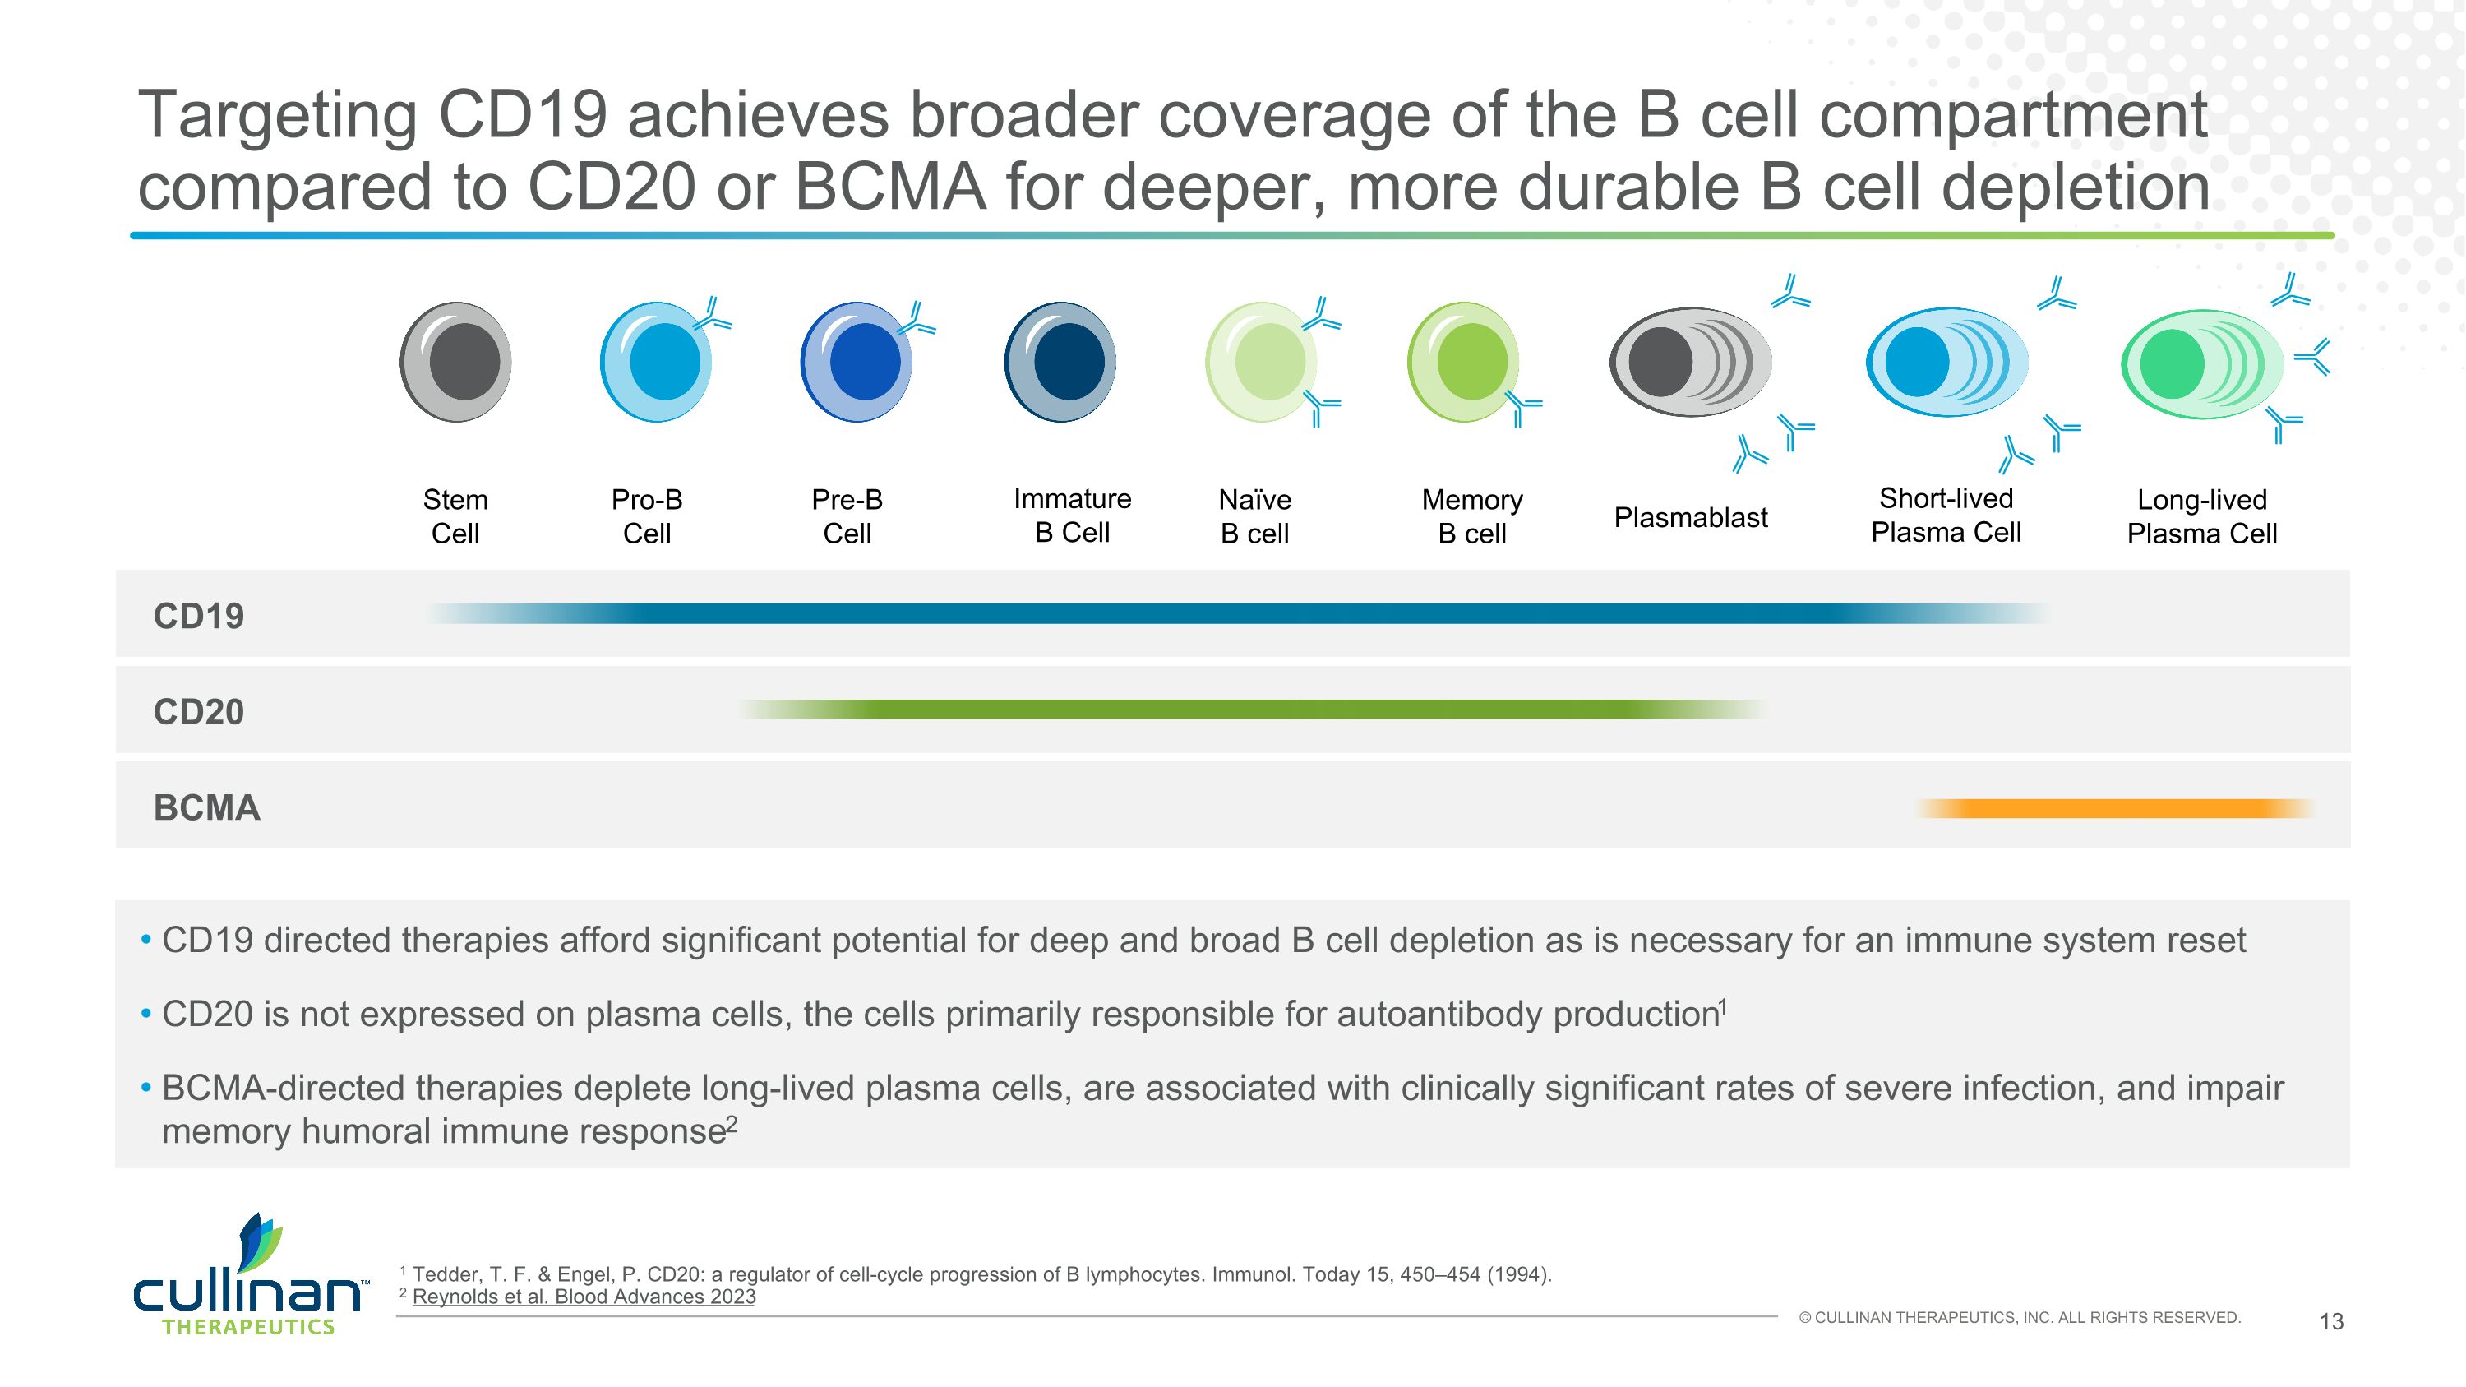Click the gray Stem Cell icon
(455, 362)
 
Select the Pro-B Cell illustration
(657, 362)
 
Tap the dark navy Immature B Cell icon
(1060, 362)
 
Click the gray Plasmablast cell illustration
(1691, 362)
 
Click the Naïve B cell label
(1254, 516)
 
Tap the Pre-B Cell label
(847, 516)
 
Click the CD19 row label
(199, 616)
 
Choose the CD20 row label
(199, 711)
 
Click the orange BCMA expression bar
(2116, 809)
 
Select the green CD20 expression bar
(1254, 710)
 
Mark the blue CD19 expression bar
(1235, 613)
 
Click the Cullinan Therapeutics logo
(249, 1278)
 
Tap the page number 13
(2331, 1321)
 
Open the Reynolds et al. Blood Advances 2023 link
(583, 1297)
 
